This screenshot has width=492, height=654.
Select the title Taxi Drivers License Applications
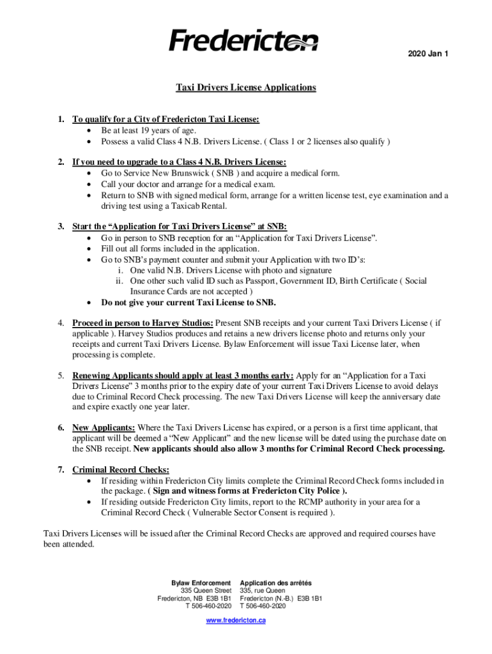point(246,87)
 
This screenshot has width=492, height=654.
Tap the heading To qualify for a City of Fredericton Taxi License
point(166,119)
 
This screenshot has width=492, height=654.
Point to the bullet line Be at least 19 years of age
point(157,130)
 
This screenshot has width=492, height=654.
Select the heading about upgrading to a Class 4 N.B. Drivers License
point(180,162)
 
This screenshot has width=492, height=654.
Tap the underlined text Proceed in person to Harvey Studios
point(142,323)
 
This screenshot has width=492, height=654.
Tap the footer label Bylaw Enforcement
point(201,583)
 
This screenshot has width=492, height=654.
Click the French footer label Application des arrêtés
point(275,583)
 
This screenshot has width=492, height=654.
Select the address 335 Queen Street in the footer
point(206,591)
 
